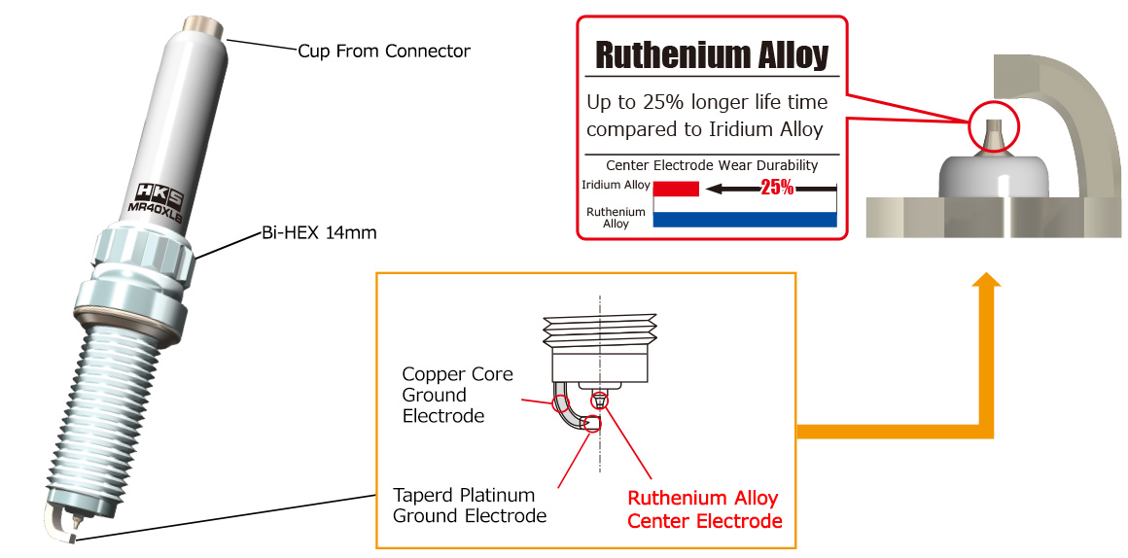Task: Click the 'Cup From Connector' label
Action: (x=383, y=51)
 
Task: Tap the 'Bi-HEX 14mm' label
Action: (x=318, y=233)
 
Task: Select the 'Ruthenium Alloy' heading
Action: (x=711, y=55)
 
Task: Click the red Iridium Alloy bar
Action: (x=676, y=189)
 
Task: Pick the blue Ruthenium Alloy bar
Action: (x=745, y=219)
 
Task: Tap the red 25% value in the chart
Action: (x=777, y=188)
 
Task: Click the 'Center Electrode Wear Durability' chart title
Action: (x=711, y=165)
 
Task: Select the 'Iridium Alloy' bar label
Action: (x=616, y=185)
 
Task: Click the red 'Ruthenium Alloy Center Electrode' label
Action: (x=704, y=509)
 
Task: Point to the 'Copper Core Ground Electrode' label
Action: (x=457, y=395)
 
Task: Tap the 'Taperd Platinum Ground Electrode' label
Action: (x=469, y=505)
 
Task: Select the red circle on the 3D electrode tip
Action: (x=994, y=127)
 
